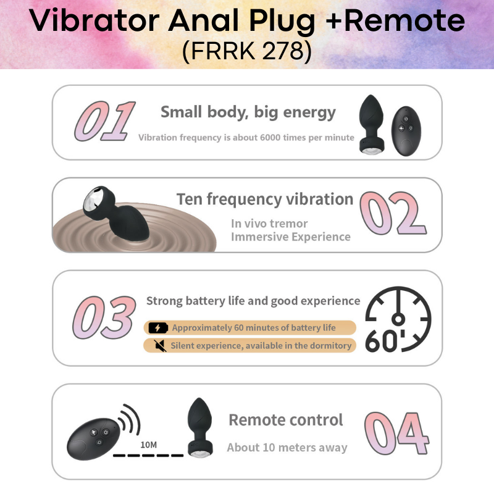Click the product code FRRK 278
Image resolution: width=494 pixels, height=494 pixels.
point(247,51)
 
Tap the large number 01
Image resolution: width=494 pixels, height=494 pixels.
point(104,120)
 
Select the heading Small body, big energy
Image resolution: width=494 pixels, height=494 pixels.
point(248,112)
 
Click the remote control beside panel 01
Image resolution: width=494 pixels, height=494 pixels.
point(406,128)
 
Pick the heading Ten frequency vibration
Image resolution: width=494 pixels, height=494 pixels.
point(265,199)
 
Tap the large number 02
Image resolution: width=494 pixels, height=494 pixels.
point(393,214)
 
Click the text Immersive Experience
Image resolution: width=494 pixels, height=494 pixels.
point(291,237)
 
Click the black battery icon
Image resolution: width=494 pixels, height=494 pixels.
point(158,328)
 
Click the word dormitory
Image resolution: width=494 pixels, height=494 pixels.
point(329,345)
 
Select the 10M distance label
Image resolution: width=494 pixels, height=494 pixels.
point(148,445)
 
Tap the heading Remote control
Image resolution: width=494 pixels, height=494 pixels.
point(285,421)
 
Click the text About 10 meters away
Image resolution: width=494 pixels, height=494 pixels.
point(287,448)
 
